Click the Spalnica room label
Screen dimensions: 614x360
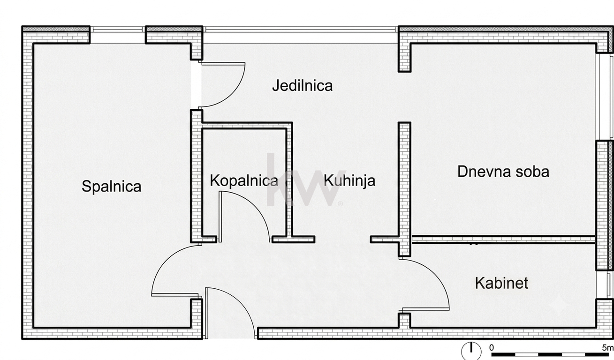[112, 187]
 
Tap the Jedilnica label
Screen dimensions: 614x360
[303, 85]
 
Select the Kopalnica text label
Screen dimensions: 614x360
[244, 181]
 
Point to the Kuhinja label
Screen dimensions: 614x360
[349, 181]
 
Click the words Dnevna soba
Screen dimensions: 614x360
[503, 172]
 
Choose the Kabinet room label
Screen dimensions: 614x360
[501, 283]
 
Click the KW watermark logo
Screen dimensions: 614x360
[303, 180]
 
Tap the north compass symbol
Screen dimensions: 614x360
[471, 351]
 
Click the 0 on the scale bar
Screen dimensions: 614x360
[492, 348]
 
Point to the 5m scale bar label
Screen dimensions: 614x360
[608, 348]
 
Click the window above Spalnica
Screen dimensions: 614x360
[118, 30]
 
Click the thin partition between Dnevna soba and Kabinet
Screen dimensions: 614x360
[503, 239]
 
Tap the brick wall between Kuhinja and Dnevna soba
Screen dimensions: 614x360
[405, 189]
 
